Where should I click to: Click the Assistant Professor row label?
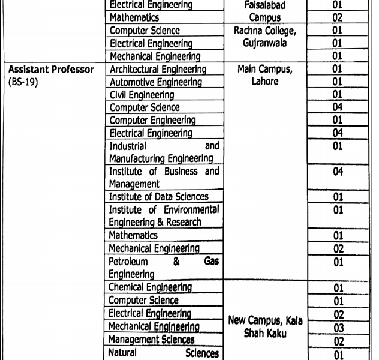tap(51, 70)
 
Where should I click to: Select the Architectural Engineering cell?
tap(158, 70)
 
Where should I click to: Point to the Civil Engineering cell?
tap(142, 95)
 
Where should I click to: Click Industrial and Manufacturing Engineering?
tap(162, 152)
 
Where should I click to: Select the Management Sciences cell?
tap(154, 340)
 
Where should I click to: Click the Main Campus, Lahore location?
tap(261, 76)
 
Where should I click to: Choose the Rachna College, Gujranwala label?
tap(261, 37)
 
